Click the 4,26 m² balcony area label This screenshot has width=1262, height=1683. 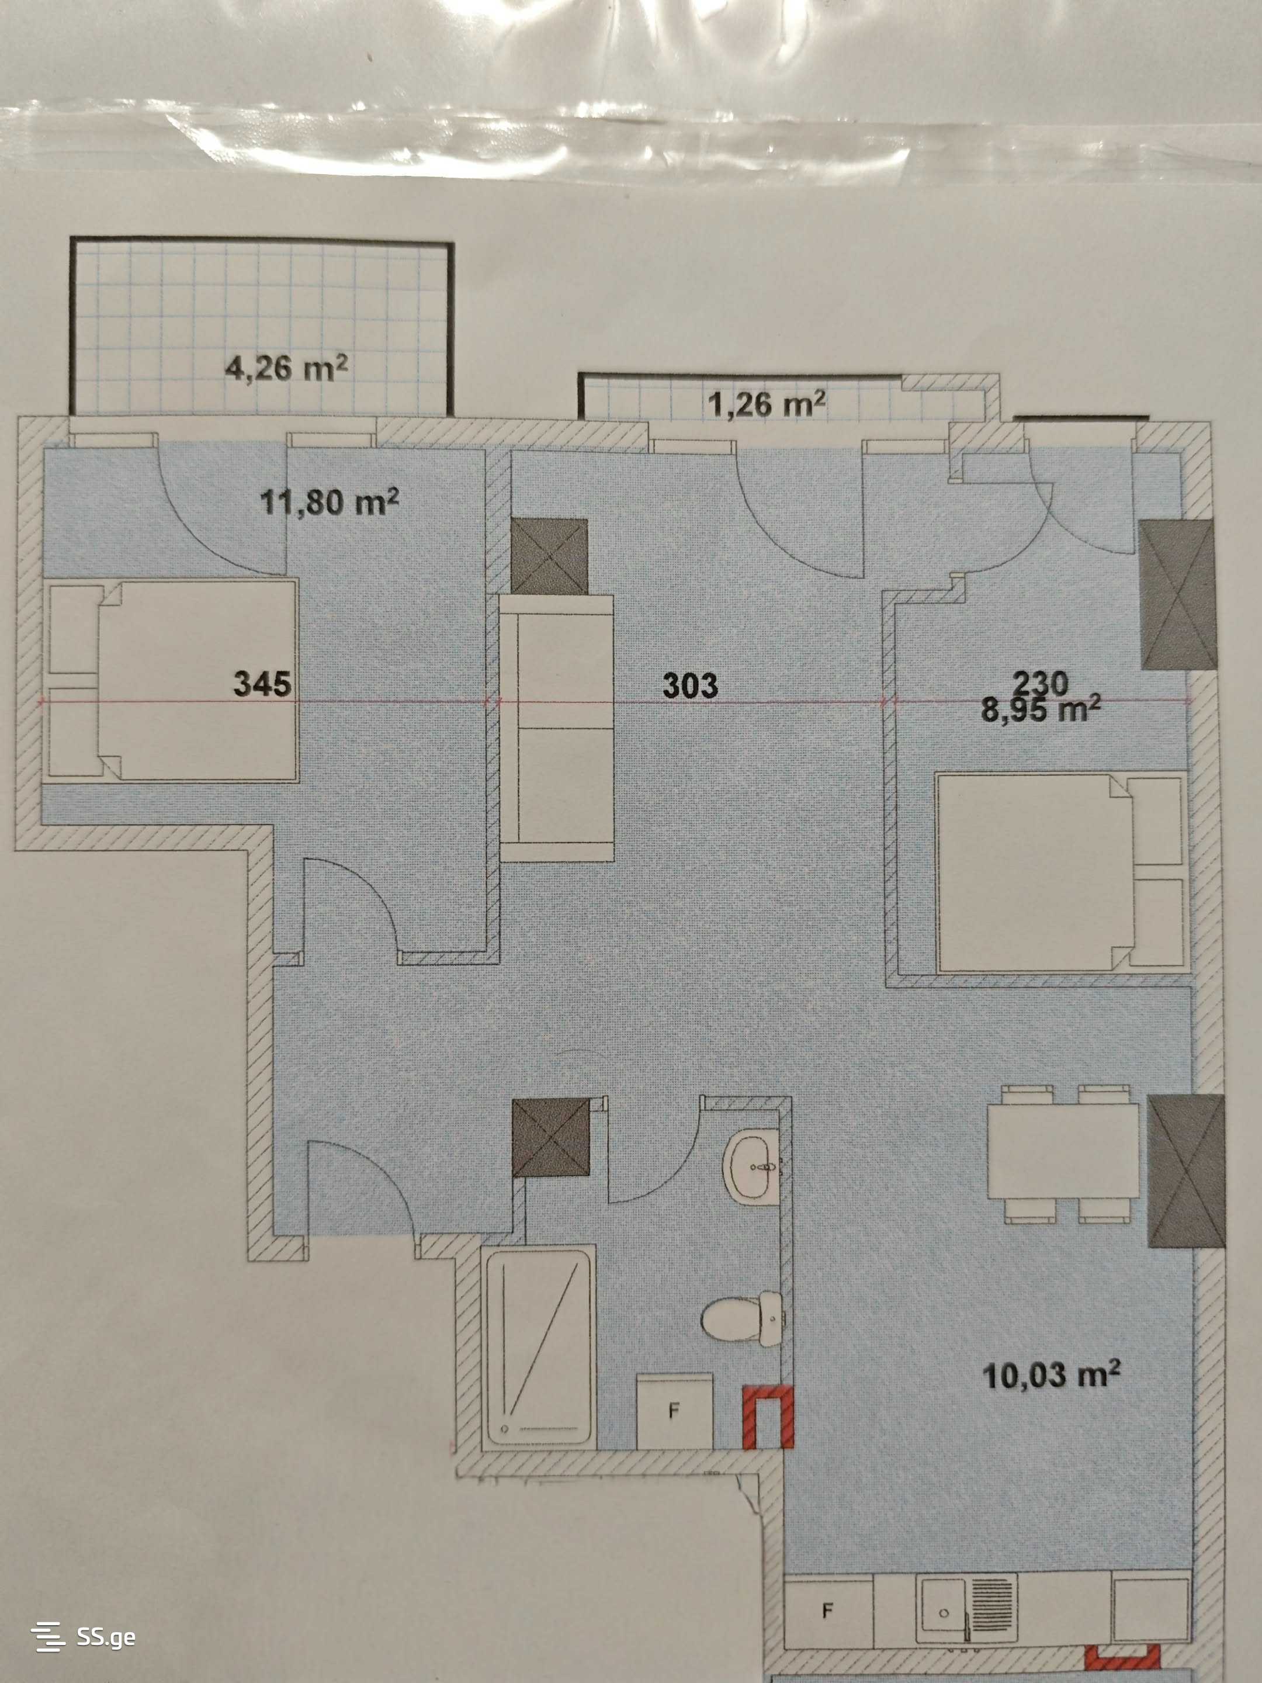coord(287,368)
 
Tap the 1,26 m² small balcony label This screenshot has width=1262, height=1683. coord(767,404)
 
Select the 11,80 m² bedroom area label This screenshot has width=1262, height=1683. coord(330,502)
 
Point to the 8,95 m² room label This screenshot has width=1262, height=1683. coord(1041,710)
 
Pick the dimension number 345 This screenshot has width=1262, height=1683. coord(262,683)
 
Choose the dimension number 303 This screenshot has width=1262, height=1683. coord(690,685)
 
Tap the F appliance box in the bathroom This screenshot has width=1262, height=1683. coord(674,1411)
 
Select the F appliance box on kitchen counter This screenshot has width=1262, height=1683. coord(828,1610)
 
